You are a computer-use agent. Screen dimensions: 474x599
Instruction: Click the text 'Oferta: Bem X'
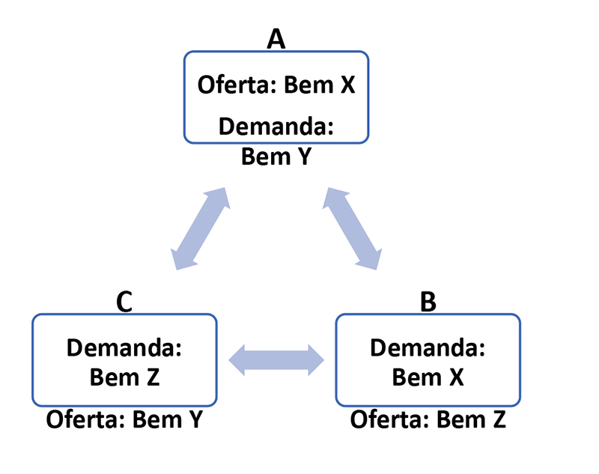(x=276, y=85)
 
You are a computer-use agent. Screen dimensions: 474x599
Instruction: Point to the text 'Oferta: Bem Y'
(x=124, y=419)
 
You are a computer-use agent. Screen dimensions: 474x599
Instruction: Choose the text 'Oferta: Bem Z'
(x=428, y=419)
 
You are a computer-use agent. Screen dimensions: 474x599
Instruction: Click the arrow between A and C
(x=200, y=228)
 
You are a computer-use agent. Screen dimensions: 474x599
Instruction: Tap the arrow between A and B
(x=353, y=228)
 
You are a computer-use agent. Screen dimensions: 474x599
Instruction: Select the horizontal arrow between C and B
(x=276, y=361)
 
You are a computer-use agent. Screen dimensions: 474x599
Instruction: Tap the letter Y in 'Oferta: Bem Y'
(x=194, y=419)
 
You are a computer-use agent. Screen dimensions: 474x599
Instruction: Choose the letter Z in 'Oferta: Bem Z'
(x=497, y=419)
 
